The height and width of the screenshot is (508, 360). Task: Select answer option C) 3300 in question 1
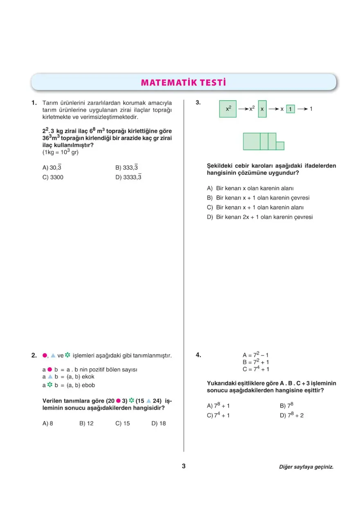pos(53,178)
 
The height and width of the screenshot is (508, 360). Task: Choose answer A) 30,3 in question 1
pos(52,168)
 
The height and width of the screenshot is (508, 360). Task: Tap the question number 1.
pos(34,103)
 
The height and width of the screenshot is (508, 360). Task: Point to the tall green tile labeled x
pos(262,109)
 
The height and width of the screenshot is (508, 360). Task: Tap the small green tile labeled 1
pos(290,109)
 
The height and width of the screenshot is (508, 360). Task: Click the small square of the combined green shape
pos(280,146)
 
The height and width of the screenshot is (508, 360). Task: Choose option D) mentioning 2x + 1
pos(259,217)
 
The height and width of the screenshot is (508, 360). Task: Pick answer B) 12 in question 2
pos(86,423)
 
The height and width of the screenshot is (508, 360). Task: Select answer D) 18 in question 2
pos(158,423)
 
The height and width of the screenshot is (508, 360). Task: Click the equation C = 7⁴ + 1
pos(256,369)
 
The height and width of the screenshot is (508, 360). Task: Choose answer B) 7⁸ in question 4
pos(286,406)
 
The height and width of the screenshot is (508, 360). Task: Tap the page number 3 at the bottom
pos(184,466)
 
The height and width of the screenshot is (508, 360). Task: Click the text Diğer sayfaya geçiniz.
pos(306,467)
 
